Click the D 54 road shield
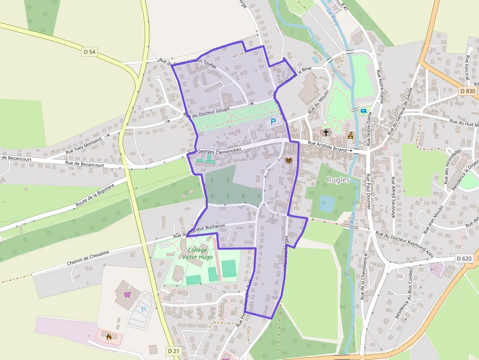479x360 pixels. click(89, 51)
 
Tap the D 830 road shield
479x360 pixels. click(467, 91)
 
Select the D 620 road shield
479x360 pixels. click(464, 258)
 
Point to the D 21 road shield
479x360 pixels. click(173, 351)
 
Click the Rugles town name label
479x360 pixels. click(338, 180)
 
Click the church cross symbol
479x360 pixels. click(326, 132)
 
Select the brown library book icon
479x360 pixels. click(288, 160)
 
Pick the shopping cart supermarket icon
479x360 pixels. click(128, 295)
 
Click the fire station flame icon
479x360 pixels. click(109, 337)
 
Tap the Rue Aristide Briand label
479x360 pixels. click(327, 146)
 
